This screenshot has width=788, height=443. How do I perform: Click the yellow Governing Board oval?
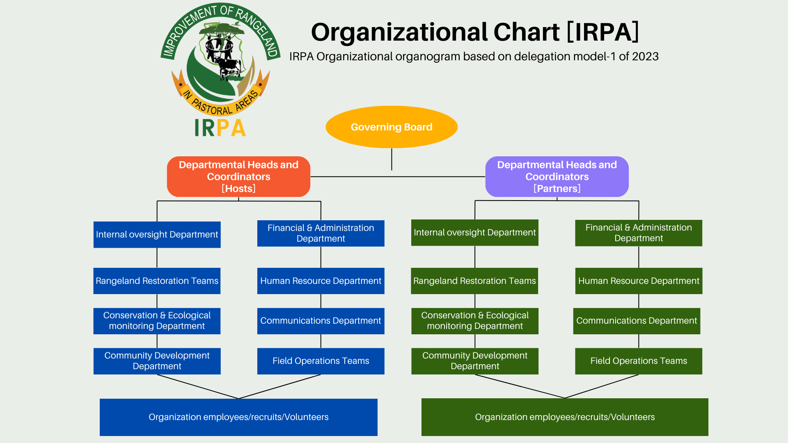tap(392, 127)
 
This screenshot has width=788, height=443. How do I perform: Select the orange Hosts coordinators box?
tap(238, 176)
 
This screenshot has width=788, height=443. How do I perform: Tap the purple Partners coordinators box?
tap(557, 176)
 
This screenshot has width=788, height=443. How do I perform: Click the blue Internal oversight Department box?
tap(157, 235)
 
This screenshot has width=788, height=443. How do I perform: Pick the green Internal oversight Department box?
tap(475, 233)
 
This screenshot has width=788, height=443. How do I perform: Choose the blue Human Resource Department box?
tap(321, 281)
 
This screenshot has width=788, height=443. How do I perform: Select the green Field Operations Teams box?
tap(639, 361)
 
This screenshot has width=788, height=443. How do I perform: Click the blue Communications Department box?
tap(321, 321)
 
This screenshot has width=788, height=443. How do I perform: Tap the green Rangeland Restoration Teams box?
tap(474, 281)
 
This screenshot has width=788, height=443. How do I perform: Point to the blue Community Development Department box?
tap(157, 361)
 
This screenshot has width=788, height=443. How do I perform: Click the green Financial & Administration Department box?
tap(639, 233)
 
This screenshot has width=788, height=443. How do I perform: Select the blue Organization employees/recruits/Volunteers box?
tap(238, 417)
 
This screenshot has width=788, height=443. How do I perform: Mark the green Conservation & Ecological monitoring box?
tap(475, 321)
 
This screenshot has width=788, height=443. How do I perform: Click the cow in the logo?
tap(228, 67)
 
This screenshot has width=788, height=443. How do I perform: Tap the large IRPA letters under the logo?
tap(220, 128)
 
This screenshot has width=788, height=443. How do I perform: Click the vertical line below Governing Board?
tap(392, 159)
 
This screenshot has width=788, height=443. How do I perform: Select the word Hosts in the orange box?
tap(238, 189)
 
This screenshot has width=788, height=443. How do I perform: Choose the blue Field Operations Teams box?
tap(321, 361)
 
